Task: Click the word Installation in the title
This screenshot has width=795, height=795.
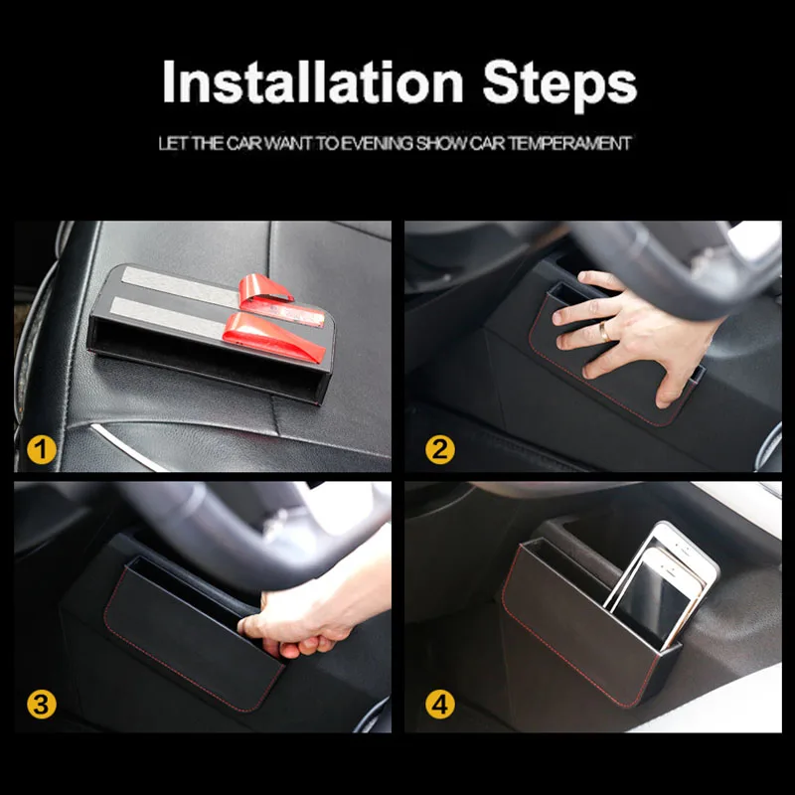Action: (312, 82)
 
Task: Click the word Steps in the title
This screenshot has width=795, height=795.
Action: (559, 85)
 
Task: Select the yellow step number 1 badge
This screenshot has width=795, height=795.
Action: (42, 450)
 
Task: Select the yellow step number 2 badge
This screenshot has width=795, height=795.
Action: (440, 450)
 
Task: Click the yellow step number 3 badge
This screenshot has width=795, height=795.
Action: (42, 705)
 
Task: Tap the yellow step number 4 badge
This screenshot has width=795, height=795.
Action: (440, 705)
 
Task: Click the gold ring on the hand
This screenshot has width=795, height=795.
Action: (605, 331)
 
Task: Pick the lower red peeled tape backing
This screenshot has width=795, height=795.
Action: (271, 336)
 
